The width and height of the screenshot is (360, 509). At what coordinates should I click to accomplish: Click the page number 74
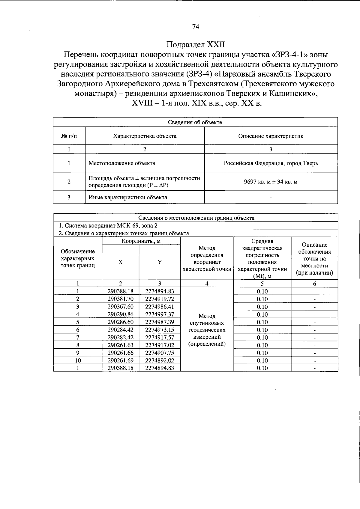click(195, 27)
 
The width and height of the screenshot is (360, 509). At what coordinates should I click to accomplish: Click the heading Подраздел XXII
click(195, 45)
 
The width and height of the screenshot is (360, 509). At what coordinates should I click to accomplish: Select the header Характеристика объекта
click(145, 136)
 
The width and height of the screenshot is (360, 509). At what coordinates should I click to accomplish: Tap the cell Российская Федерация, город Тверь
click(271, 163)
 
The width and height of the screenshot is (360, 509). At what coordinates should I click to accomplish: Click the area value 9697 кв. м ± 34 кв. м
click(271, 182)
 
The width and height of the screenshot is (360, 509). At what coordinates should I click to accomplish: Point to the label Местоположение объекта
click(122, 163)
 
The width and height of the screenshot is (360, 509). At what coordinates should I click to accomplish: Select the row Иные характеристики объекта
click(128, 198)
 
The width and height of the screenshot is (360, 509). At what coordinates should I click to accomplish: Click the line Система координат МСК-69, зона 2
click(108, 226)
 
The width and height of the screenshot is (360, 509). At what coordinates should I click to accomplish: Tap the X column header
click(120, 262)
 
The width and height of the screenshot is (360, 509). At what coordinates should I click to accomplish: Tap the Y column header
click(160, 262)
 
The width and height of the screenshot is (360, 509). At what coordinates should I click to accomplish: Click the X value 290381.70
click(120, 299)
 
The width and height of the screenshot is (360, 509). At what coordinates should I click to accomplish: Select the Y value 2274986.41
click(160, 307)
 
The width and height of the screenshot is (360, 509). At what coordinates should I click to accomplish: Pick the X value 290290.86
click(120, 314)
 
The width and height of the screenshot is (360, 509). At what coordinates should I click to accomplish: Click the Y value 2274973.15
click(160, 330)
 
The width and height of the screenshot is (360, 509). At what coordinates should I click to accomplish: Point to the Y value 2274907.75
click(160, 353)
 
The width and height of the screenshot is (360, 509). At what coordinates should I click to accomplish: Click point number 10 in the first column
click(78, 361)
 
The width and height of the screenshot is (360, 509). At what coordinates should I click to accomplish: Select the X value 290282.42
click(120, 338)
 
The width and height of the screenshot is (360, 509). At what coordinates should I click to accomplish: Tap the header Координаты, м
click(141, 241)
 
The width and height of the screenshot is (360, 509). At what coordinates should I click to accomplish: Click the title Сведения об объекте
click(195, 122)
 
